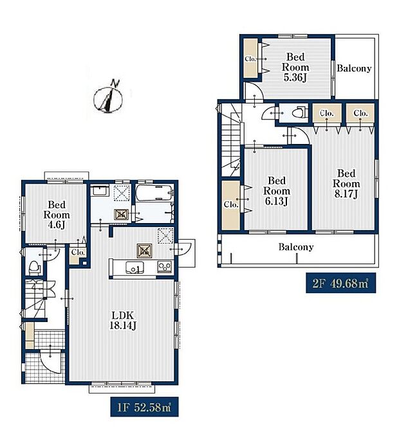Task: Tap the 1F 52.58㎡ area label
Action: tap(144, 407)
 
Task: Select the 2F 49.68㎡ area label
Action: tap(340, 283)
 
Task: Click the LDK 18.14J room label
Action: tap(123, 320)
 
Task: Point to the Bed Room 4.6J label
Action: tap(57, 215)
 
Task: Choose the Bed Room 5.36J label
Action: tap(295, 67)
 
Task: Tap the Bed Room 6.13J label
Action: tap(277, 191)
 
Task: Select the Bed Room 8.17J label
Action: tap(346, 184)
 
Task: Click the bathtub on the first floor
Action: tap(154, 193)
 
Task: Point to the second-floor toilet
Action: tap(299, 113)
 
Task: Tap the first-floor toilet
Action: tap(34, 268)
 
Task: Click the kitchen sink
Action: tap(135, 267)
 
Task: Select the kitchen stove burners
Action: tap(165, 266)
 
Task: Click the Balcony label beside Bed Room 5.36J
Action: tap(354, 68)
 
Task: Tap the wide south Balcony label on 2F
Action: tap(296, 247)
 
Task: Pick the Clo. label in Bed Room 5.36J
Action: tap(250, 59)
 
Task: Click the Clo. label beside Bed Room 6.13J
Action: tap(231, 204)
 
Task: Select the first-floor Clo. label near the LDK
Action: tap(78, 252)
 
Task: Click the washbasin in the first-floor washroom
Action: tap(100, 191)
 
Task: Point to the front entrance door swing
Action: tap(50, 362)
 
